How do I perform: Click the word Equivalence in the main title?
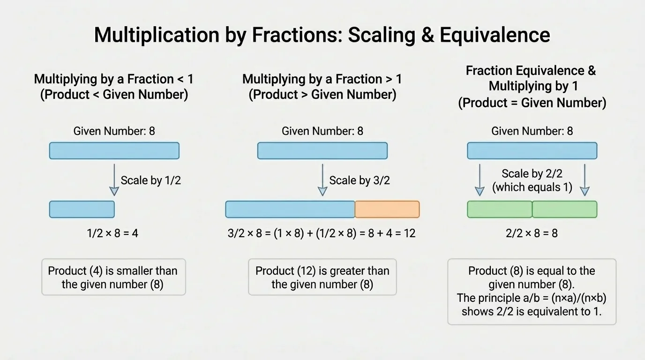coord(495,35)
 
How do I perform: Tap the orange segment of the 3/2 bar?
coord(387,209)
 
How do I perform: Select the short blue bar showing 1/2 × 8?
coord(82,209)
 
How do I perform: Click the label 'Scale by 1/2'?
coord(150,180)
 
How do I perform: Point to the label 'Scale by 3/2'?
coord(360,180)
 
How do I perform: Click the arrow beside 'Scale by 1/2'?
coord(114,180)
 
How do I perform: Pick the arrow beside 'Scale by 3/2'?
coord(322,180)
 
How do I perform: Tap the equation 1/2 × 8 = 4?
coord(112,233)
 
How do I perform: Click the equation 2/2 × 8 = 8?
coord(532,233)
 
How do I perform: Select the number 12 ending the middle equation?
coord(410,233)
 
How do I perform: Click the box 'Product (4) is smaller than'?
coord(114,277)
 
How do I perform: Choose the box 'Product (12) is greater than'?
coord(322,277)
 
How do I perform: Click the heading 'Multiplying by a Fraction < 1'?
coord(114,79)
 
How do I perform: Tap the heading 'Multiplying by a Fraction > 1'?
coord(322,79)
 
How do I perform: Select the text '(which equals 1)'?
coord(532,187)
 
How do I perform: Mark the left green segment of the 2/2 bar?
coord(500,209)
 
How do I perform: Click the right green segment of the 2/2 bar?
coord(565,209)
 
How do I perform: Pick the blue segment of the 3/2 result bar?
coord(290,209)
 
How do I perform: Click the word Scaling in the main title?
coord(382,35)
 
